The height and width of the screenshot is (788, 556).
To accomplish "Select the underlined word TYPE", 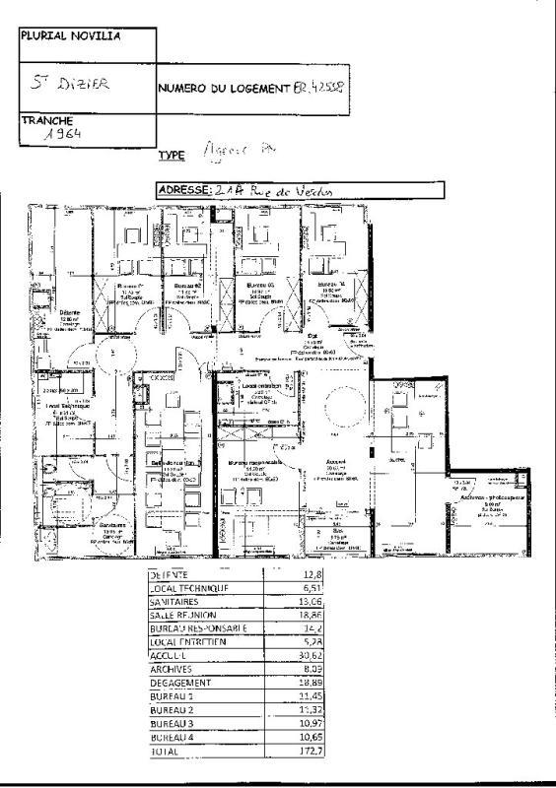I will (x=172, y=156).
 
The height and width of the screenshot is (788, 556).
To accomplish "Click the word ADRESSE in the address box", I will (x=184, y=190).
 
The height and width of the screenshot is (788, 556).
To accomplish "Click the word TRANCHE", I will (x=47, y=120).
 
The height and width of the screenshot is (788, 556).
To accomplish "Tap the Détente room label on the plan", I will (x=68, y=312).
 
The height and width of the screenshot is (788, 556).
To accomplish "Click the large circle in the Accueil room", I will (x=344, y=405).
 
